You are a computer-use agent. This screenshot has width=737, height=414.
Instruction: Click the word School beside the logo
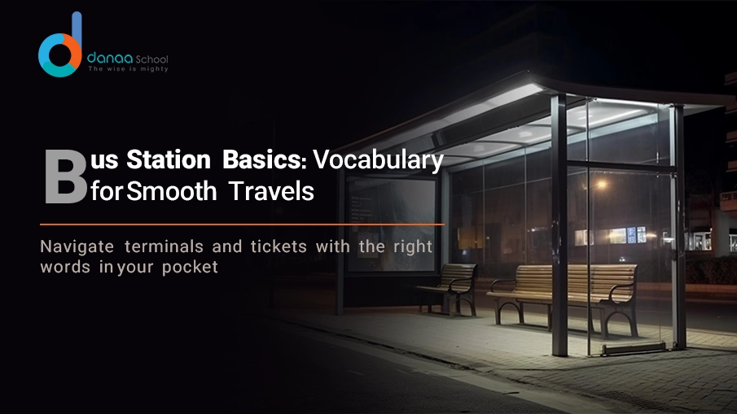click(150, 59)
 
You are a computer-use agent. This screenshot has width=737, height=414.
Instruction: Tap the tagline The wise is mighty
click(128, 70)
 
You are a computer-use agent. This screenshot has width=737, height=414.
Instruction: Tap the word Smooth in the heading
click(173, 192)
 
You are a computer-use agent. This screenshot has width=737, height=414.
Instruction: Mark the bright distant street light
click(601, 185)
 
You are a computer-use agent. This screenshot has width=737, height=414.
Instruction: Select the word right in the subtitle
click(412, 246)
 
